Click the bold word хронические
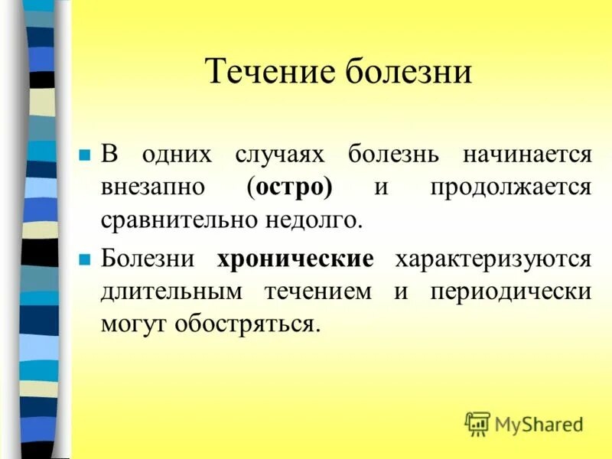tap(295, 259)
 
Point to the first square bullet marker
tap(85, 155)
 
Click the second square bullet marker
tap(85, 259)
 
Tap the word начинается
tap(526, 155)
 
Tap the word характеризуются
tap(493, 259)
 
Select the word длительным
tap(171, 292)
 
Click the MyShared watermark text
tap(539, 424)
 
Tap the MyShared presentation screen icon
tap(477, 424)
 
